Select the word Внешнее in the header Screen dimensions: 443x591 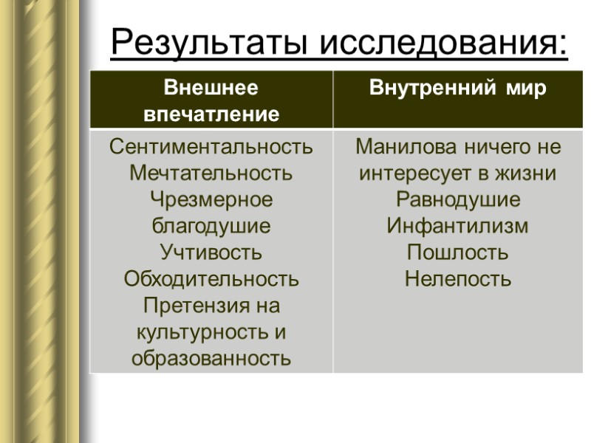point(211,89)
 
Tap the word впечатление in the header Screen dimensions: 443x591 point(211,114)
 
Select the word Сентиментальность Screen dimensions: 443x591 point(211,147)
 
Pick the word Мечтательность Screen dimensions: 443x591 point(211,174)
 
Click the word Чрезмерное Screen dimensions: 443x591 point(211,200)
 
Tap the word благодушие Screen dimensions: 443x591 point(211,227)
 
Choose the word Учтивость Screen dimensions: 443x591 point(211,253)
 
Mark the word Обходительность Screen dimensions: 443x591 point(211,279)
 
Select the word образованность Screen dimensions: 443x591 point(211,359)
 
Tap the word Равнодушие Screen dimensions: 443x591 point(458,200)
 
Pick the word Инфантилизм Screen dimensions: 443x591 point(458,227)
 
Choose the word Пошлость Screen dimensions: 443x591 point(458,253)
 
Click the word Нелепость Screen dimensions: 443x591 point(458,279)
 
